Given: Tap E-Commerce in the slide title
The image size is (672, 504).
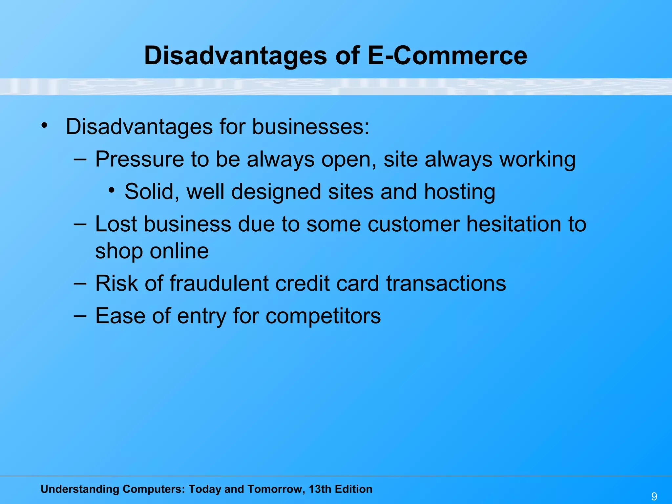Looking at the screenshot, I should pyautogui.click(x=447, y=56).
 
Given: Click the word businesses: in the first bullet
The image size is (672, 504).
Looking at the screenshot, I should pyautogui.click(x=310, y=127).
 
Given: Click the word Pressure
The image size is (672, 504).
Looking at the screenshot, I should pyautogui.click(x=139, y=159).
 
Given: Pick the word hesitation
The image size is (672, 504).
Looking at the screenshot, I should pyautogui.click(x=514, y=224).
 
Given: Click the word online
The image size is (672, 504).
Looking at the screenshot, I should pyautogui.click(x=179, y=251).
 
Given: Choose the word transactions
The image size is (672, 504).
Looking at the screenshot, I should pyautogui.click(x=446, y=283).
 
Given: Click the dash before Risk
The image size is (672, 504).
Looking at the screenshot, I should pyautogui.click(x=80, y=283).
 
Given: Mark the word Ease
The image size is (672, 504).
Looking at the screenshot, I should pyautogui.click(x=120, y=316).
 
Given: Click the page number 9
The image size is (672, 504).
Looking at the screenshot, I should pyautogui.click(x=654, y=496).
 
